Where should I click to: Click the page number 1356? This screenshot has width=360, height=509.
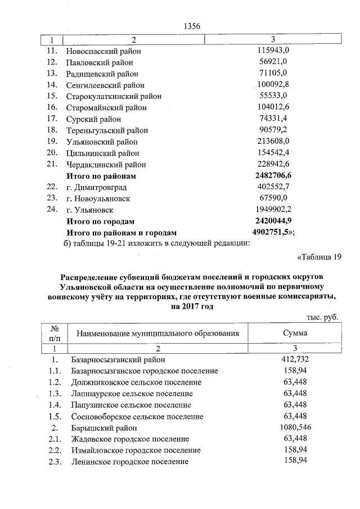[192, 26]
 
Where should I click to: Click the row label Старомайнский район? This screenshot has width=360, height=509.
[106, 108]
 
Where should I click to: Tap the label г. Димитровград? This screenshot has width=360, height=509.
[96, 187]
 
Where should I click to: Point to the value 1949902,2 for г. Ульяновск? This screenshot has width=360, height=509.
[273, 210]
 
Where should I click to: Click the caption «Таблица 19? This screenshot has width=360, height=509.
[318, 258]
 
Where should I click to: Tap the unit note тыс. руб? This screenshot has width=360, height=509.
[323, 318]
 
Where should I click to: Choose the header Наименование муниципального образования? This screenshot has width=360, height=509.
[155, 334]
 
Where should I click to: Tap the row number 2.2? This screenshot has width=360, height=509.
[54, 451]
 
